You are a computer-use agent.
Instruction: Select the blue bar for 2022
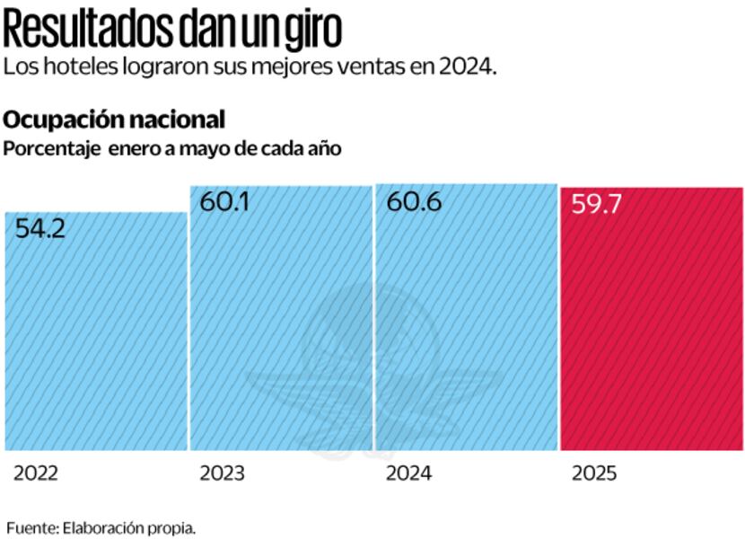point(95,341)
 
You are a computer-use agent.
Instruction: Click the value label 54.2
point(41,230)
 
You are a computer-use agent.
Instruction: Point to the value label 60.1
point(224,203)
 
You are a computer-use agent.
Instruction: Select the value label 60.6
point(414,203)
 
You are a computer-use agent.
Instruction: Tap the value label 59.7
point(597,205)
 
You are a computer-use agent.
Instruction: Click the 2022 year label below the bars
point(36,473)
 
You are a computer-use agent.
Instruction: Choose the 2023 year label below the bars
point(223,473)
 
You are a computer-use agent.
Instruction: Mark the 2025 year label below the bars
point(594,473)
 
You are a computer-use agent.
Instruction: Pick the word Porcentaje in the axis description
point(50,149)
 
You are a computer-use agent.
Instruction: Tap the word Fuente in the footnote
point(31,528)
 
